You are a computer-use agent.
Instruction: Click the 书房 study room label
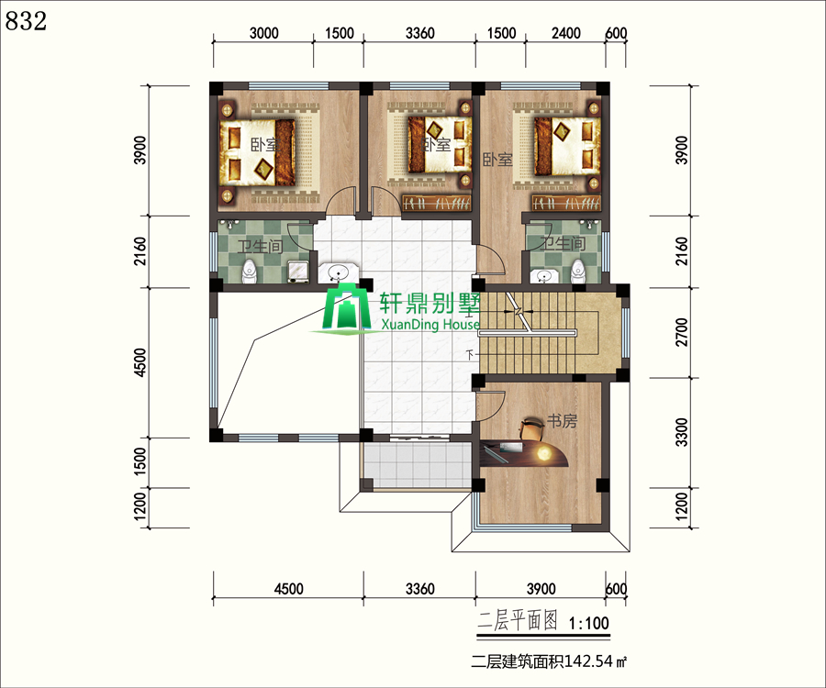562,421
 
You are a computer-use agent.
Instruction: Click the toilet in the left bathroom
249,272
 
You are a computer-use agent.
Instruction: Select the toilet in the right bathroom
578,271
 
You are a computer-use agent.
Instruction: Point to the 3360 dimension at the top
419,33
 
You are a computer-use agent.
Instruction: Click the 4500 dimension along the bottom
289,589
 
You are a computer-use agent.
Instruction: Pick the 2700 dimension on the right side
682,332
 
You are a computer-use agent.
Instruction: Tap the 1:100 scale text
588,623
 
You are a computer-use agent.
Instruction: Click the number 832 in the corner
26,20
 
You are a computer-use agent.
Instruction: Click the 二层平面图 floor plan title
517,622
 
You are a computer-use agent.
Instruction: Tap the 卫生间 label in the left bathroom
261,245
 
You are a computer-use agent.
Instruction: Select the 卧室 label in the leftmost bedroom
265,144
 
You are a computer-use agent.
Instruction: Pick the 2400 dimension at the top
565,33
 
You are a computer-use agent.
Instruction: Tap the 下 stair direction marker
471,355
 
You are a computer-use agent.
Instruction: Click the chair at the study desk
532,429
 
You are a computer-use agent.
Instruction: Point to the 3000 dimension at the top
263,33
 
